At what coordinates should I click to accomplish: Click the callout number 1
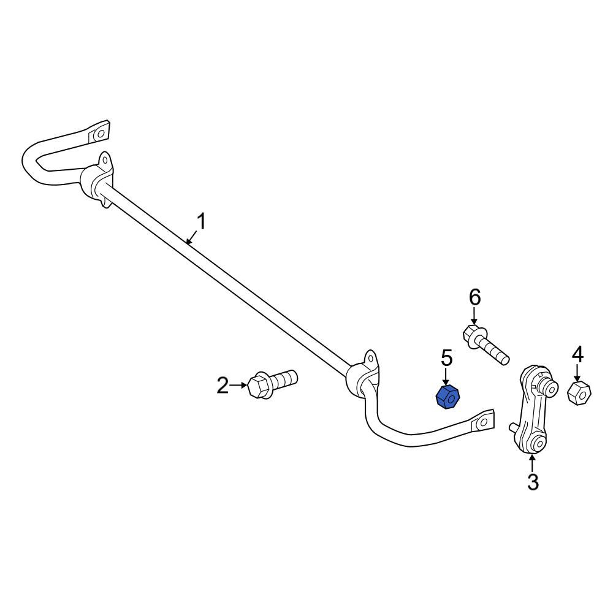pos(200,222)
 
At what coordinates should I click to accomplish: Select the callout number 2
pos(223,386)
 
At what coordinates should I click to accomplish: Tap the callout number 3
pos(533,482)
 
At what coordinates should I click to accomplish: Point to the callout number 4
pos(578,355)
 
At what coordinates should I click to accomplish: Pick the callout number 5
pos(446,359)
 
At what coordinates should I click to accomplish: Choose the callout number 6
pos(474,298)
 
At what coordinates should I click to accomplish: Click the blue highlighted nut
pos(447,398)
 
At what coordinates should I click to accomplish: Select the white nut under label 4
pos(579,394)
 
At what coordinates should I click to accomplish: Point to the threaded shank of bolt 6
pos(495,350)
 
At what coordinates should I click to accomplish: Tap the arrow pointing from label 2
pos(239,385)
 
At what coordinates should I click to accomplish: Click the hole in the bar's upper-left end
pos(101,134)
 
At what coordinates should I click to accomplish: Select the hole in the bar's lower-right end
pos(483,422)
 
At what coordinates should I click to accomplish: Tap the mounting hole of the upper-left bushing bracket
pos(104,160)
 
